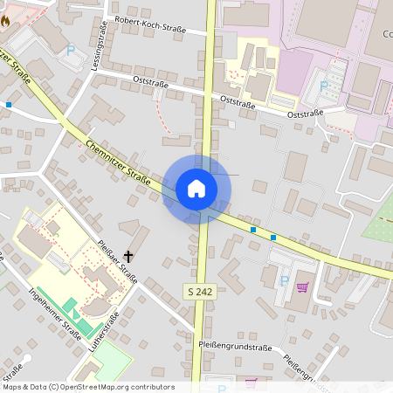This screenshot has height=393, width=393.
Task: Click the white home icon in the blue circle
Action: (x=196, y=189)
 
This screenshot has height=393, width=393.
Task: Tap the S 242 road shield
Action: (x=200, y=291)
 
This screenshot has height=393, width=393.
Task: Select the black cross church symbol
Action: (x=129, y=256)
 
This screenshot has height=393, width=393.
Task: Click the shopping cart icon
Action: (x=302, y=286)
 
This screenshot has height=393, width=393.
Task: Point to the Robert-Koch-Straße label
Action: (x=150, y=29)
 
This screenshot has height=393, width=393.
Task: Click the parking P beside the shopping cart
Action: (x=284, y=279)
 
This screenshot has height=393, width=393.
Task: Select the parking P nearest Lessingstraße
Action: (x=71, y=50)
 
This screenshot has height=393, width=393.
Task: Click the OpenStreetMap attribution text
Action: (x=88, y=386)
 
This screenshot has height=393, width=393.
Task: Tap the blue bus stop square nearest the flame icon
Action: (x=9, y=105)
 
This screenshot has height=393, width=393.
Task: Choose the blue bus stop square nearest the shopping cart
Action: (x=273, y=238)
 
